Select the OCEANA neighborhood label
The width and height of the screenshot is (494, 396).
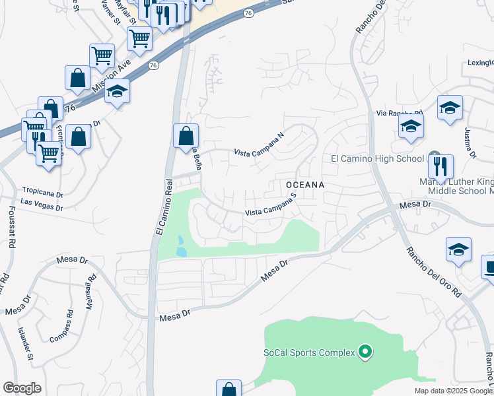[304, 185]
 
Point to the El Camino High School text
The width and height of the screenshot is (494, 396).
[377, 158]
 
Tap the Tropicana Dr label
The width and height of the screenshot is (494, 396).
[42, 192]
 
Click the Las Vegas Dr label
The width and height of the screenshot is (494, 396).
[41, 206]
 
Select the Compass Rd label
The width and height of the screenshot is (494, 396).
[61, 326]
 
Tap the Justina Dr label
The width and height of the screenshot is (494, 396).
[470, 142]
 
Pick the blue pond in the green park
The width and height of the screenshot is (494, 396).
[181, 247]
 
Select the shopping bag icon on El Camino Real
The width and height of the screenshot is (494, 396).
[186, 136]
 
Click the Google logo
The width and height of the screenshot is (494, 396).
[22, 388]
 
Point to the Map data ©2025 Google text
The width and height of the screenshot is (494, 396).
[452, 391]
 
